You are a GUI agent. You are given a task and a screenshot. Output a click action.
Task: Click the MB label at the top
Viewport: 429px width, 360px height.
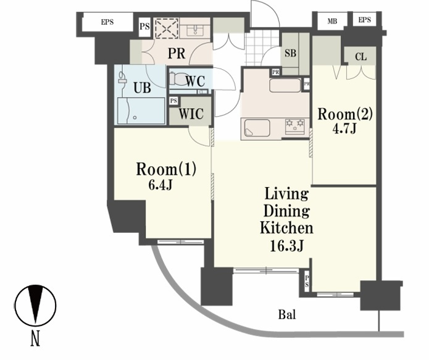(x=332, y=21)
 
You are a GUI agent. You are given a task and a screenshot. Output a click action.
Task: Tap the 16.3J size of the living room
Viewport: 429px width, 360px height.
(x=286, y=246)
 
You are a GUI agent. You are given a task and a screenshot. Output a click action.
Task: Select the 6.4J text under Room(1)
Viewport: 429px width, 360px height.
(x=160, y=185)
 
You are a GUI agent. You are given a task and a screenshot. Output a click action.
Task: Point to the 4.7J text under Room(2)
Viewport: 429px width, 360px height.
(x=344, y=128)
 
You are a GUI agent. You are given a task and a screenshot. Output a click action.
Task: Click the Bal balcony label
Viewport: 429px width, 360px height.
(x=287, y=314)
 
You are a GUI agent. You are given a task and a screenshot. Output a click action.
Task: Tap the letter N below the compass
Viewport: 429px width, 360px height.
(x=35, y=339)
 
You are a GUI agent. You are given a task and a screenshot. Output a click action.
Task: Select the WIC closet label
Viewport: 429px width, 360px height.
(x=191, y=114)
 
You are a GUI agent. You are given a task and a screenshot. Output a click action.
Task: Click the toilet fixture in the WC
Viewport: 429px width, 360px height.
(x=178, y=79)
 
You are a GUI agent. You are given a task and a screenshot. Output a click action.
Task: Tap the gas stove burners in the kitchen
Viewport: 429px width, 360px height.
(x=295, y=126)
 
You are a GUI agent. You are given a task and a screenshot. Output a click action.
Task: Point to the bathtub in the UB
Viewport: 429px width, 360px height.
(x=141, y=111)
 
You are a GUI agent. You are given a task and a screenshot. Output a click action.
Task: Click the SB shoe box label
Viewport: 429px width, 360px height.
(x=290, y=53)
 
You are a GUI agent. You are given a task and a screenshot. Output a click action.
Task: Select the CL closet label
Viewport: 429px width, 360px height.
(x=361, y=57)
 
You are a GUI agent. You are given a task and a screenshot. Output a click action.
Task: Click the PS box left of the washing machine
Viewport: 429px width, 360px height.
(x=144, y=27)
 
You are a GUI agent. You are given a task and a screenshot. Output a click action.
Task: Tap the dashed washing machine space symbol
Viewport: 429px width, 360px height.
(x=167, y=28)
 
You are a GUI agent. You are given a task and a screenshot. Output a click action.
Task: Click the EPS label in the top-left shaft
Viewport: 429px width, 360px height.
(x=107, y=22)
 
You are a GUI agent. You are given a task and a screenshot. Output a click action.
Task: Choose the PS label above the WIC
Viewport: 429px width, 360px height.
(x=173, y=101)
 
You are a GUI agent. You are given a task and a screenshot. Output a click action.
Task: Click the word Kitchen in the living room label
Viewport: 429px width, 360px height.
(x=286, y=228)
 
